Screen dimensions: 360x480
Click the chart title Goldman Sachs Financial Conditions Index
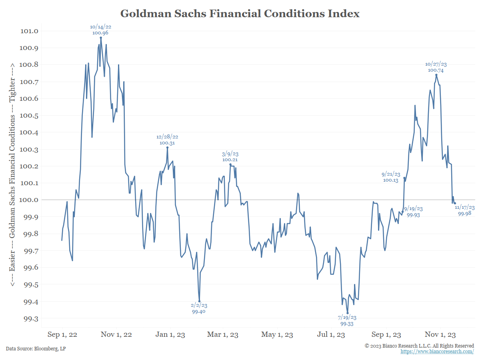240,14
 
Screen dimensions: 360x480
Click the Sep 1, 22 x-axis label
62,334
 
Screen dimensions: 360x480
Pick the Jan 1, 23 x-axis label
170,334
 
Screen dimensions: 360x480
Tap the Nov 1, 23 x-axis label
440,334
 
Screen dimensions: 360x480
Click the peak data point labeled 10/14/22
101,38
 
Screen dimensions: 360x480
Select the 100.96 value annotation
100,33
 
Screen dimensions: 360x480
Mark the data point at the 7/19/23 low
348,313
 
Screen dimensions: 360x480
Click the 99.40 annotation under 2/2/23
199,312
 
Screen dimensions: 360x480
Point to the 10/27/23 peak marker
436,75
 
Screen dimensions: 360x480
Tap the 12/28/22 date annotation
167,137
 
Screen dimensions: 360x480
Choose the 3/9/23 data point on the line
230,164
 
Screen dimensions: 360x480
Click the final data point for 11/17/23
455,203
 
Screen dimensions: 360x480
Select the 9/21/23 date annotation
391,174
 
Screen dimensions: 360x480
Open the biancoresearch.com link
437,351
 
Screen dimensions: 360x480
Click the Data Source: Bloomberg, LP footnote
36,348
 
